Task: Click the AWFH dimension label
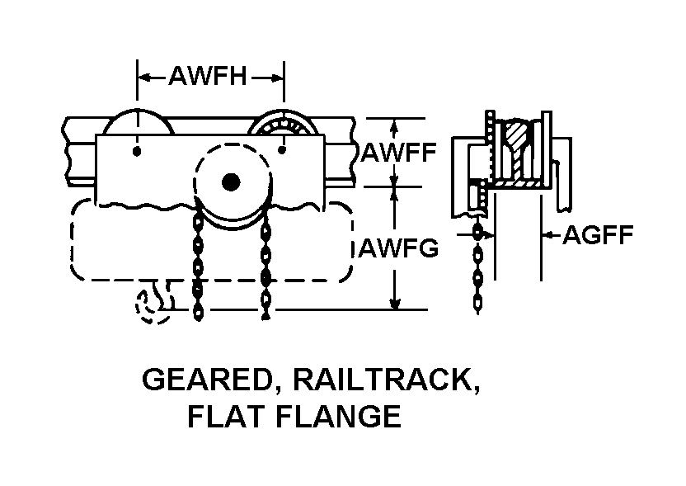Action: click(x=208, y=78)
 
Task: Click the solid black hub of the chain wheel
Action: click(x=230, y=181)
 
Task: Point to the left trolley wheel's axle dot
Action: click(x=137, y=151)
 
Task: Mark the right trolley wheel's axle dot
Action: click(x=282, y=150)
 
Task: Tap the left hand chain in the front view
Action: click(x=197, y=264)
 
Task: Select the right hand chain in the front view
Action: click(x=265, y=264)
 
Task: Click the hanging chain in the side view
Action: click(x=479, y=272)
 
